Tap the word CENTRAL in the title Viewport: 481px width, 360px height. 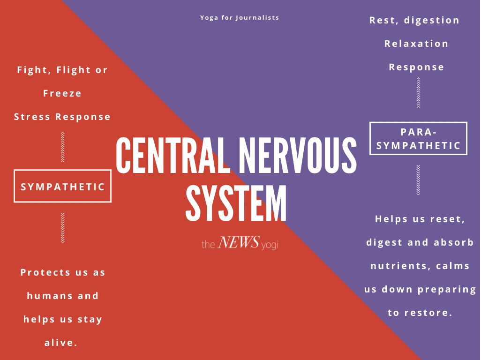[x=173, y=155]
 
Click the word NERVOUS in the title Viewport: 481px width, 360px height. [x=298, y=155]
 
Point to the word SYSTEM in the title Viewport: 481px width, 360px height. [x=236, y=203]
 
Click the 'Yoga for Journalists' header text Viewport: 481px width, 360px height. [x=240, y=18]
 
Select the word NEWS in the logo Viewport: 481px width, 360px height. [x=239, y=242]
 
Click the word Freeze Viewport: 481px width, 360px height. [x=62, y=93]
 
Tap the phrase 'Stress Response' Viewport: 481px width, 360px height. [x=62, y=117]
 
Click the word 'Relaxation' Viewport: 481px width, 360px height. [x=416, y=44]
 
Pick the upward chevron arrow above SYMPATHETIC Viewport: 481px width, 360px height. [x=62, y=147]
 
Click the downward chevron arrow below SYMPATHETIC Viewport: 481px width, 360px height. [x=62, y=228]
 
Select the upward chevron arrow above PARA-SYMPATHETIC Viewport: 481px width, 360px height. [x=418, y=93]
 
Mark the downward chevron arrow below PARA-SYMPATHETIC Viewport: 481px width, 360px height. [x=418, y=180]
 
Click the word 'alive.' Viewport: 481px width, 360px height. [x=61, y=343]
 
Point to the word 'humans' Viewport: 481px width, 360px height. [x=49, y=296]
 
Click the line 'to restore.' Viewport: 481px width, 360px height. [x=420, y=313]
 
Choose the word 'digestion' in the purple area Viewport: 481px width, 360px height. [x=432, y=21]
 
